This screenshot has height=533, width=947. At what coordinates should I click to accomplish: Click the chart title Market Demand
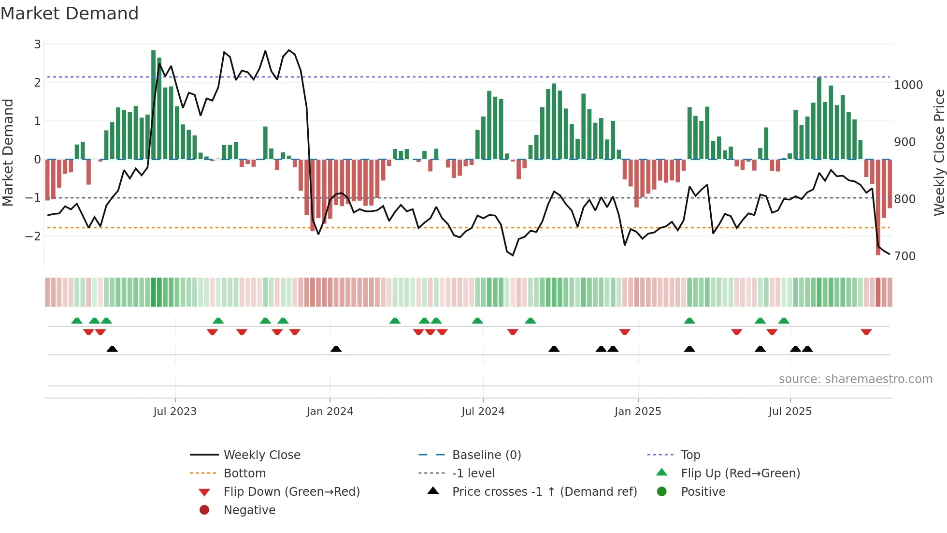click(x=70, y=14)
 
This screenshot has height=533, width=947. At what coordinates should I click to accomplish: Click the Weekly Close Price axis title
click(x=939, y=152)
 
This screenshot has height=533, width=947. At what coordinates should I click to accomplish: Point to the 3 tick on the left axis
click(x=37, y=44)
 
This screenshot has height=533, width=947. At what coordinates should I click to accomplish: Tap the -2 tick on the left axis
click(x=33, y=237)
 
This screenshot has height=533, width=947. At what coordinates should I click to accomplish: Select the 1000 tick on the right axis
click(x=908, y=85)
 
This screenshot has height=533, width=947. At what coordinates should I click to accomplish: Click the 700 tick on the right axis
click(x=904, y=256)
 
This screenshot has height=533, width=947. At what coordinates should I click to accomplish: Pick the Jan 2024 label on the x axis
click(x=330, y=412)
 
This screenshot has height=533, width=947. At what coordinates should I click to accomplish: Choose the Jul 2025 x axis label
click(x=790, y=412)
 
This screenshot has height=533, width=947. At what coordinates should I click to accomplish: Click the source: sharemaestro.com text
click(x=855, y=379)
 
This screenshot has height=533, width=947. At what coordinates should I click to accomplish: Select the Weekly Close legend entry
click(x=261, y=455)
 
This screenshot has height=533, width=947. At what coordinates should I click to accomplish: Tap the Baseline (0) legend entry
click(x=486, y=455)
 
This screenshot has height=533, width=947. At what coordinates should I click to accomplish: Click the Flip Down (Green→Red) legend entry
click(x=291, y=492)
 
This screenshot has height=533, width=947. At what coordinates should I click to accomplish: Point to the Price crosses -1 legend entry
click(x=544, y=492)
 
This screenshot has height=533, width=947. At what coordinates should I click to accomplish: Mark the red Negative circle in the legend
click(x=204, y=510)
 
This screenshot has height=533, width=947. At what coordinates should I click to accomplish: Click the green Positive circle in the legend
click(x=662, y=492)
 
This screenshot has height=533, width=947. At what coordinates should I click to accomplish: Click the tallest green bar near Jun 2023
click(x=153, y=104)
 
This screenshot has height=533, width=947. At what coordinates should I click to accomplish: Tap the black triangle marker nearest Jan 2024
click(x=336, y=349)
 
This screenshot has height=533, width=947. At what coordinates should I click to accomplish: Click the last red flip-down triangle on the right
click(x=866, y=332)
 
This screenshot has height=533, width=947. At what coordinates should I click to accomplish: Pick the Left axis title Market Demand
click(x=8, y=152)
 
